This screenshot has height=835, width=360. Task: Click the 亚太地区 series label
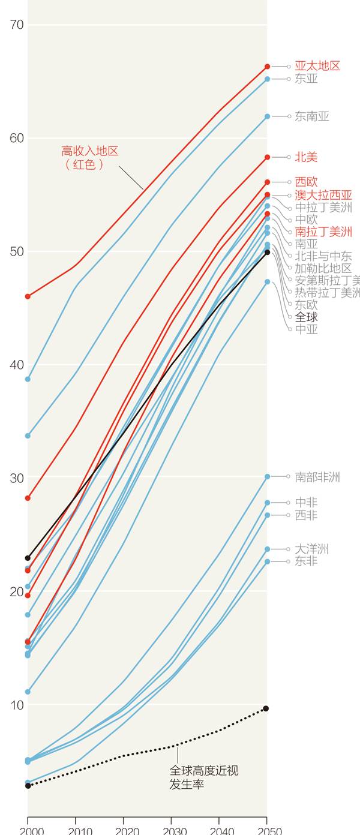pyautogui.click(x=317, y=66)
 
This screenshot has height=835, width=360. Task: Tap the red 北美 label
pyautogui.click(x=306, y=157)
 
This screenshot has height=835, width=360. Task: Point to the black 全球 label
pyautogui.click(x=306, y=317)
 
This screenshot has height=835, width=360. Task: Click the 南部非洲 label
pyautogui.click(x=317, y=477)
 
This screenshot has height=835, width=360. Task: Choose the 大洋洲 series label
pyautogui.click(x=311, y=549)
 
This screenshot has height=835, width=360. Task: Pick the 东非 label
pyautogui.click(x=306, y=561)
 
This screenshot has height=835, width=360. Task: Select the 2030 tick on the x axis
pyautogui.click(x=171, y=830)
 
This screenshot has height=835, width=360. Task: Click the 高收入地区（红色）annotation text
pyautogui.click(x=90, y=158)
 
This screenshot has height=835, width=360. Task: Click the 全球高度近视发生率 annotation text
pyautogui.click(x=204, y=777)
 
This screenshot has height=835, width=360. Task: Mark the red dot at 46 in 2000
pyautogui.click(x=28, y=296)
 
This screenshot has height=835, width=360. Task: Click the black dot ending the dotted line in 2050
pyautogui.click(x=266, y=708)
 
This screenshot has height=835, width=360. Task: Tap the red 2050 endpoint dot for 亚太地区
pyautogui.click(x=267, y=67)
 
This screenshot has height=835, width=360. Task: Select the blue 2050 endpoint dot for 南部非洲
pyautogui.click(x=267, y=477)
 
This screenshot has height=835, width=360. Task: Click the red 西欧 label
pyautogui.click(x=306, y=182)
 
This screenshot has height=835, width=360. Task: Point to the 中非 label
pyautogui.click(x=306, y=503)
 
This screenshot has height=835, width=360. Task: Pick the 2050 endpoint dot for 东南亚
pyautogui.click(x=267, y=116)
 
